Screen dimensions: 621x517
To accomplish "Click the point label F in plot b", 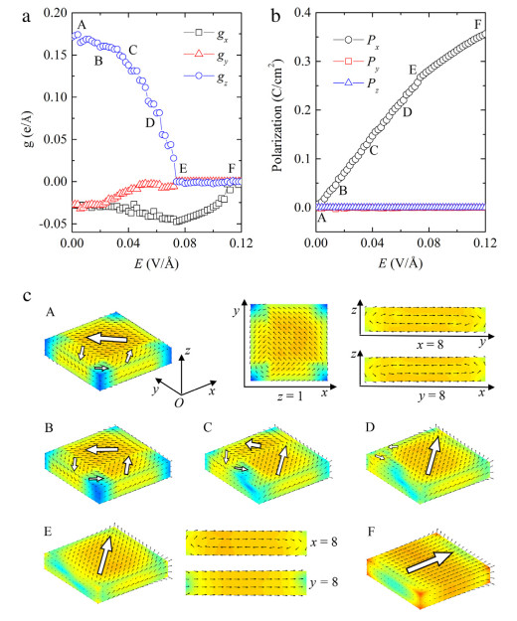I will click(479, 22).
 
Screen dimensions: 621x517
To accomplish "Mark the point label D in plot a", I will click(149, 123).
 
